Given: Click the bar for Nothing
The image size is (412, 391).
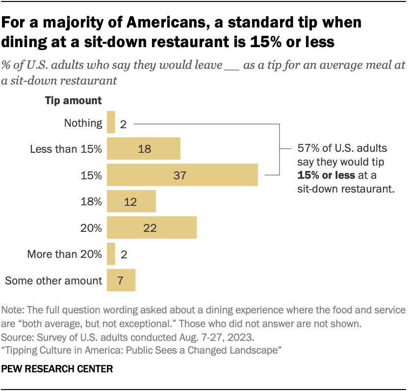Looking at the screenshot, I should tap(111, 122).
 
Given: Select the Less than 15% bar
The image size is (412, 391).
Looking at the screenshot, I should tap(143, 149).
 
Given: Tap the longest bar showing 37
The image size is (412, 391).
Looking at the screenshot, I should tap(182, 175).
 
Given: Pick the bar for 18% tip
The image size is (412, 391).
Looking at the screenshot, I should tap(131, 201).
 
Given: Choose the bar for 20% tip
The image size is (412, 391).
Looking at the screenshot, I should tap(152, 227).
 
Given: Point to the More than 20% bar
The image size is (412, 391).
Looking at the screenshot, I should tap(111, 254).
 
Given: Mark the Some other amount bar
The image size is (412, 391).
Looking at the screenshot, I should tap(121, 280).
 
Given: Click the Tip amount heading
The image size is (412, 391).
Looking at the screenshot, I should tap(74, 101).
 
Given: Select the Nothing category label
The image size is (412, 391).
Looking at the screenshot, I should tap(83, 123).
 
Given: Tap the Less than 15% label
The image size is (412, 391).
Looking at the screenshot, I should tap(66, 149).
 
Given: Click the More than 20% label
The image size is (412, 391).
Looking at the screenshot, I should tap(65, 254).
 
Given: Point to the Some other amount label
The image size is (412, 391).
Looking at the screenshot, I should tap(53, 280).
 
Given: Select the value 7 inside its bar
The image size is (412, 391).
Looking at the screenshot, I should tap(120, 281).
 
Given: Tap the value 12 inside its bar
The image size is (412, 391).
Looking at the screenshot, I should tap(131, 202).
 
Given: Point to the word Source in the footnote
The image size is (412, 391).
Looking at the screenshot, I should tap(17, 338).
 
